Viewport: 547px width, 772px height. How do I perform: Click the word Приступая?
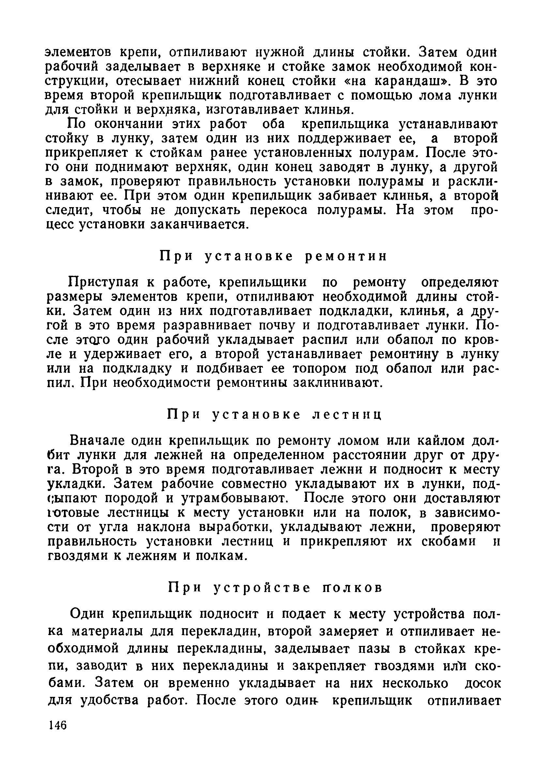101,282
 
